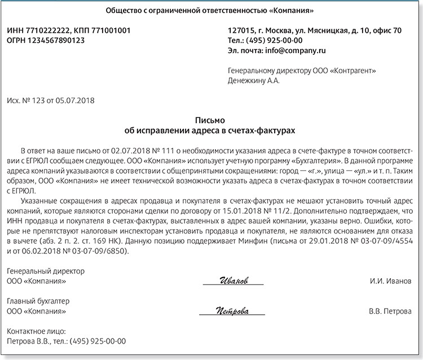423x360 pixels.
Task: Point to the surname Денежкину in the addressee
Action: [x=246, y=81]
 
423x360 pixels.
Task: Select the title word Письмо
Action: [x=210, y=120]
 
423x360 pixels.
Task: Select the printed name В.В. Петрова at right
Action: [x=386, y=311]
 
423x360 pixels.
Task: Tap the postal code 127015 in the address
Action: [x=240, y=30]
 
